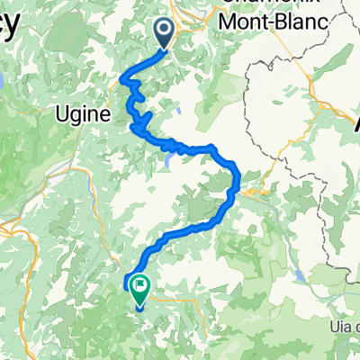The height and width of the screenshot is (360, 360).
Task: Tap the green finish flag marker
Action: [140, 290]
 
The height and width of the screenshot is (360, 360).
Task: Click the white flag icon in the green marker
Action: [140, 289]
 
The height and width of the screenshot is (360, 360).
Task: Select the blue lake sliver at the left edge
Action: [3, 81]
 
